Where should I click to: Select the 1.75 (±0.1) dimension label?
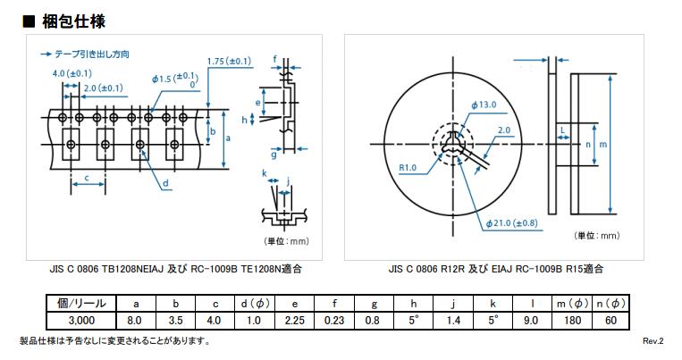coord(228,61)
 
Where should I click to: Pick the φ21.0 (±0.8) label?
coord(512,223)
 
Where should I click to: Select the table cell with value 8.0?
coord(135,319)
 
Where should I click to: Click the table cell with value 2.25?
coord(295,319)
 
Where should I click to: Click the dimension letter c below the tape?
coord(87,179)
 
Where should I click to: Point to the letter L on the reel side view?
coord(561,130)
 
